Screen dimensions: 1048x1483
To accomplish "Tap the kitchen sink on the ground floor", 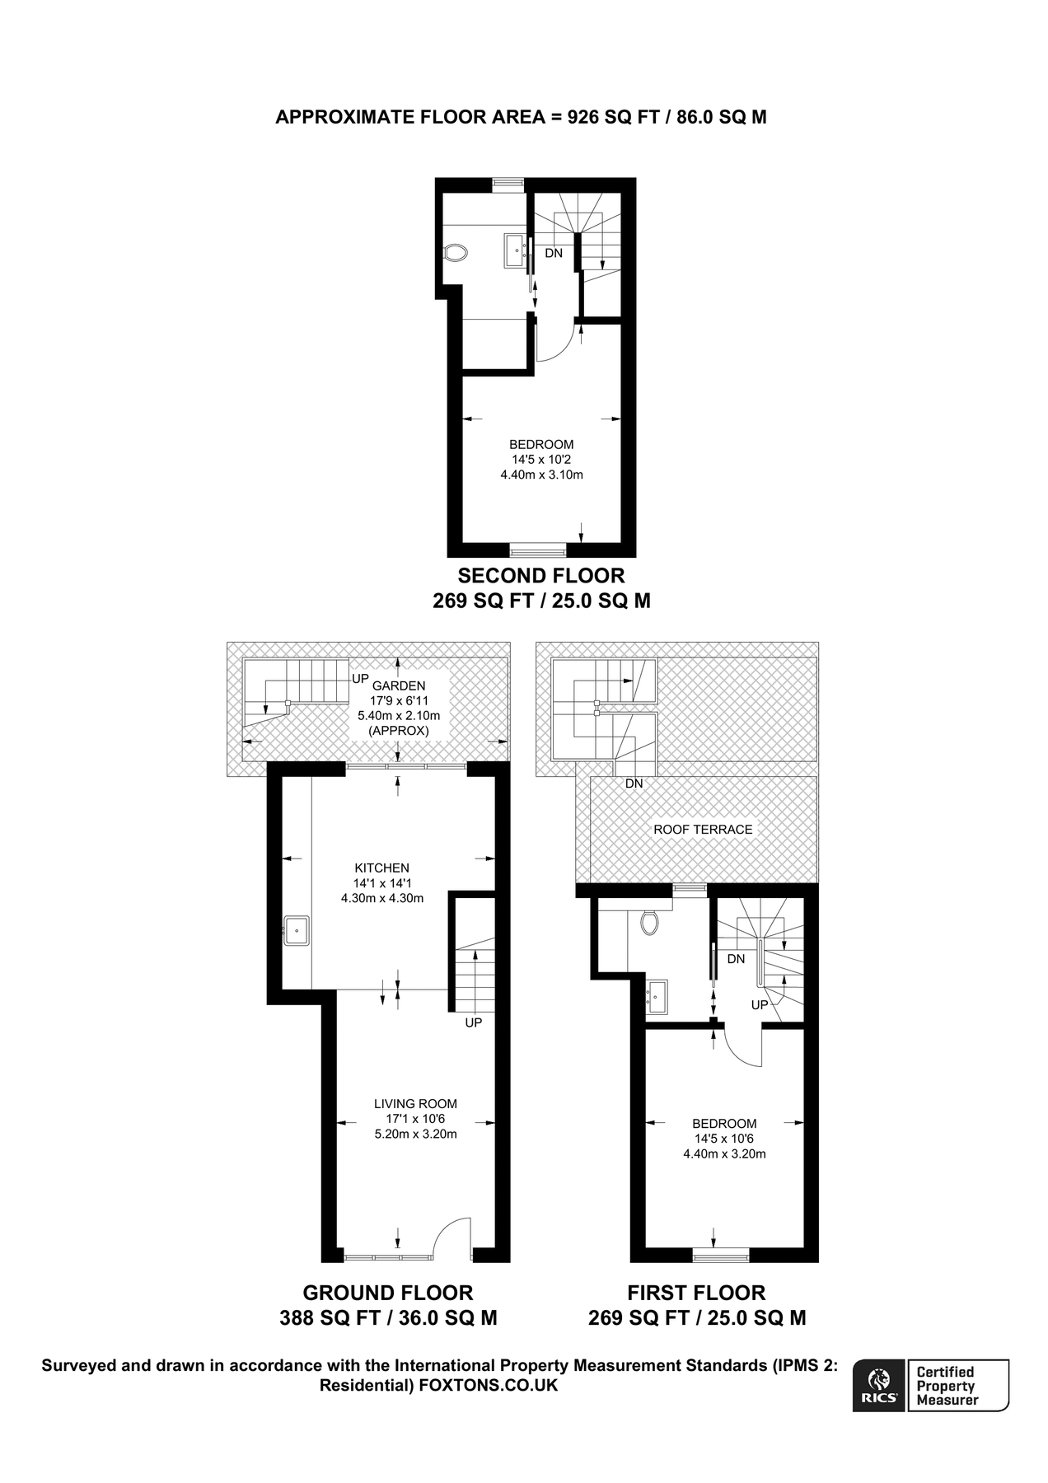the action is coord(296,930).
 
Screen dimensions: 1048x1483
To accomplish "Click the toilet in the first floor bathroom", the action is coord(649,922).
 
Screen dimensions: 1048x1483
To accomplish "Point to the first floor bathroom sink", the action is coord(657,997).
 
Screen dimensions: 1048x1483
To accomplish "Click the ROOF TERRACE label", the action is coord(703,830).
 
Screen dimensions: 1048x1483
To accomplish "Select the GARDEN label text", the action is coord(399,685).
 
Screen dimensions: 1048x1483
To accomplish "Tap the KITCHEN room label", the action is coord(381,868).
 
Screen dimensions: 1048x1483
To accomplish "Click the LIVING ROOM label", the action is coord(415,1104).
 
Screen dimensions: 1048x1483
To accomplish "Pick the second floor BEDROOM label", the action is coord(541,445).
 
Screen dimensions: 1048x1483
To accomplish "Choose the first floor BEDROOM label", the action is coord(724,1124).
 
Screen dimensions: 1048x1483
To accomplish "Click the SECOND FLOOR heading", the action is coord(541,575).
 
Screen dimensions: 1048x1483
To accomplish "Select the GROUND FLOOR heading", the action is coord(388,1293).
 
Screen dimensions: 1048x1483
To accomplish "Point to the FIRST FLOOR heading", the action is coord(696,1293).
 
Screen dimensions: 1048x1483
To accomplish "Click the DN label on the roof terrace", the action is coord(634,784).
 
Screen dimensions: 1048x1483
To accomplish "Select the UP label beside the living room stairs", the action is coord(473,1022).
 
